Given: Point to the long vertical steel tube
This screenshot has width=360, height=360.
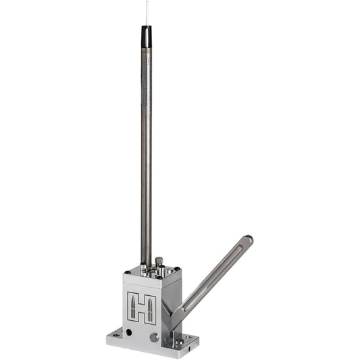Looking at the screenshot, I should click(x=146, y=155).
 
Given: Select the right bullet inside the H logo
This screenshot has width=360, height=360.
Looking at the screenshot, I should click(x=151, y=307).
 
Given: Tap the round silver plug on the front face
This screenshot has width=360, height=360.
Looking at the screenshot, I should click(x=155, y=336).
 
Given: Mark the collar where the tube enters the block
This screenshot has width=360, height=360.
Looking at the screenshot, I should click(x=145, y=266).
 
